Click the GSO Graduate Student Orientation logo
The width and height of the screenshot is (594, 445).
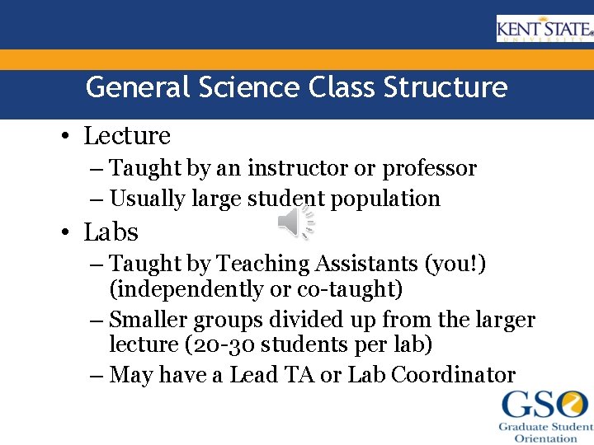coord(544,415)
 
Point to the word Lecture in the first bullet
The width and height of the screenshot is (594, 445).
coord(127,136)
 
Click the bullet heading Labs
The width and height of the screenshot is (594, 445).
coord(111,232)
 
